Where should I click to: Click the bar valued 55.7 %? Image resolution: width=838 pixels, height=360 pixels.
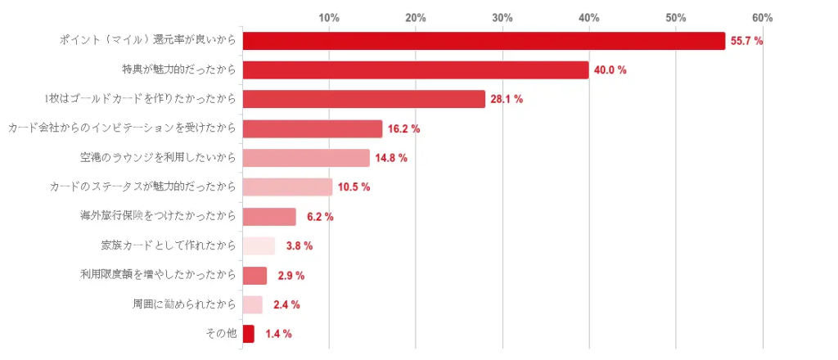[x=484, y=41]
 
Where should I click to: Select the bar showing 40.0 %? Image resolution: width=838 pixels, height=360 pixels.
[x=416, y=70]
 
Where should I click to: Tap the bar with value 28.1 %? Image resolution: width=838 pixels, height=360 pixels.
[x=364, y=99]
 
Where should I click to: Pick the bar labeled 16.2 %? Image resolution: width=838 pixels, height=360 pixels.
[x=313, y=128]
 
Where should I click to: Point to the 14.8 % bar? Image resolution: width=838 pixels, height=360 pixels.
[x=306, y=158]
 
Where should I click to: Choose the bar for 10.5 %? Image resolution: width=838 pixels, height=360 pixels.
[x=287, y=187]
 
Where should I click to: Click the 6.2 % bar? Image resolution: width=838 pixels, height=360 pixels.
[x=269, y=217]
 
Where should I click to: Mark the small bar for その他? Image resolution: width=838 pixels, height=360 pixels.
[x=249, y=334]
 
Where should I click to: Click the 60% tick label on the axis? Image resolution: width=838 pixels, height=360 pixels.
[x=762, y=17]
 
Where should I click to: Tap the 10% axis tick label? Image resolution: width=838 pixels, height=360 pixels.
[x=329, y=17]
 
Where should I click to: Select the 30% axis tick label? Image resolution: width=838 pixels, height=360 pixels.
[x=502, y=17]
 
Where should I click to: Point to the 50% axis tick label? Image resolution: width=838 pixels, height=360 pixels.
[x=675, y=17]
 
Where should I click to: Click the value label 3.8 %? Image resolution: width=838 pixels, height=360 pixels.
[x=300, y=245]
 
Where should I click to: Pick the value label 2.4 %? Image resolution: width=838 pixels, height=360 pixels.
[x=286, y=304]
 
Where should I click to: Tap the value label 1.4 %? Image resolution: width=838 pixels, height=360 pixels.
[x=278, y=334]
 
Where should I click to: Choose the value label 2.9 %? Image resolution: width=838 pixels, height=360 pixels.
[x=291, y=275]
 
